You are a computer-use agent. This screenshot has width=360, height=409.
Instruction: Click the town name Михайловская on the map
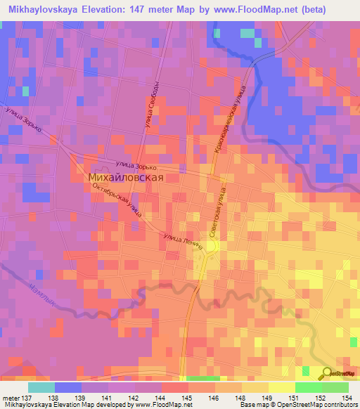click(x=126, y=178)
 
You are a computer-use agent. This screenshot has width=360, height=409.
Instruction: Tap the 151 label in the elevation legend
click(x=297, y=397)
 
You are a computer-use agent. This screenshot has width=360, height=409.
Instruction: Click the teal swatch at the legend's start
click(x=41, y=387)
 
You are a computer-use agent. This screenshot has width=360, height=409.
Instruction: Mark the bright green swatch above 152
click(x=309, y=387)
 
